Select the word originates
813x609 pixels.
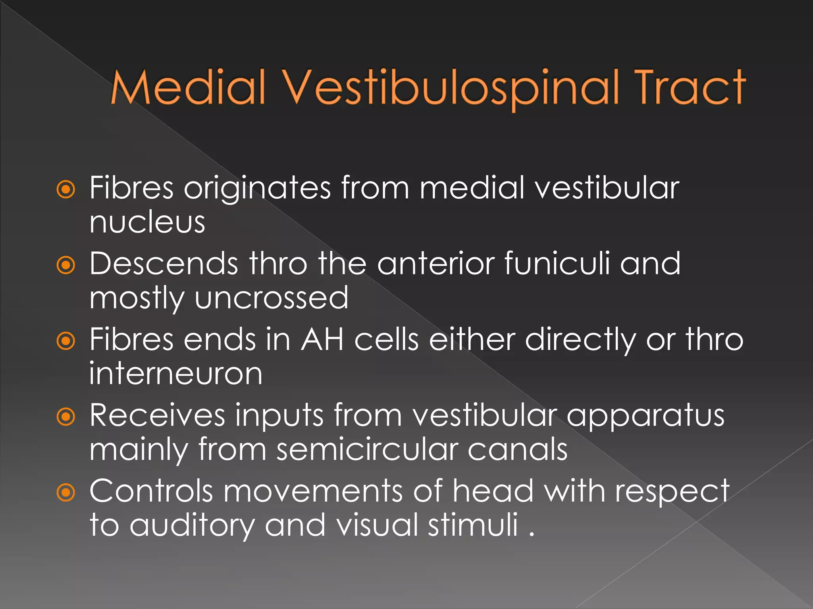[x=257, y=188]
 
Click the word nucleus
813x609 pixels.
[x=147, y=222]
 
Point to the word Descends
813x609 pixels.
[x=164, y=264]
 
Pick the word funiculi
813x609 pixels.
[x=557, y=264]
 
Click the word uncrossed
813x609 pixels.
[x=272, y=298]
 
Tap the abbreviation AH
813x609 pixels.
[x=322, y=340]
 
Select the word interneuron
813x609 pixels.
[x=175, y=374]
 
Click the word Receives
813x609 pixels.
[x=157, y=416]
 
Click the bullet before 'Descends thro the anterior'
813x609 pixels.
[x=66, y=265]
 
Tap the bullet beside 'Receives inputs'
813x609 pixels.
[x=66, y=417]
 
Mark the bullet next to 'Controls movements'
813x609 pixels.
[x=66, y=493]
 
